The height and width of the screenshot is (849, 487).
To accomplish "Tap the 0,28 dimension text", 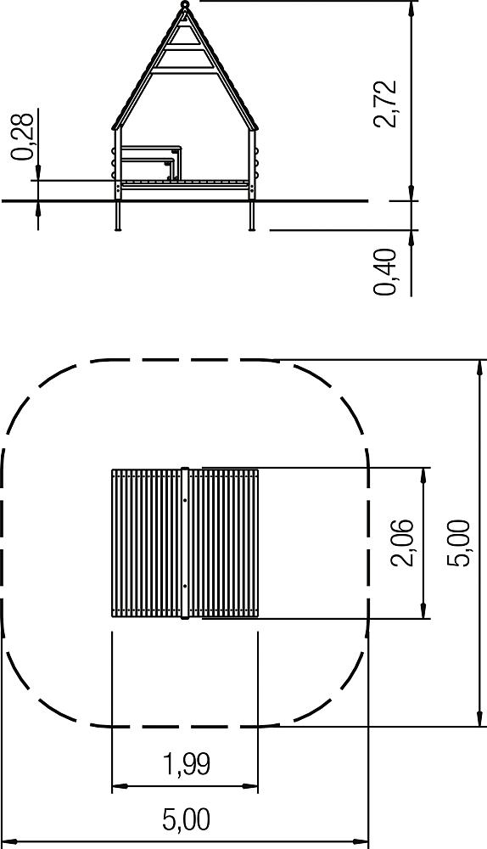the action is coord(24,137).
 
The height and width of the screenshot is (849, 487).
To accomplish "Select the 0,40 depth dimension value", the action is coord(384,272).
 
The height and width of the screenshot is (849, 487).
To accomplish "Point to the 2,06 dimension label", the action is coord(402,543).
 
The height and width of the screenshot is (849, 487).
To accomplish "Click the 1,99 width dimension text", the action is coord(186,764).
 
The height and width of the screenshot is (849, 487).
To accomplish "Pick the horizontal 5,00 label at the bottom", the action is coord(186,820).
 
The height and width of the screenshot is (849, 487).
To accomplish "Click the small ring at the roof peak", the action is coord(185,5).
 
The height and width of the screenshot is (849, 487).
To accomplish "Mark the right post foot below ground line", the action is coord(252,216).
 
